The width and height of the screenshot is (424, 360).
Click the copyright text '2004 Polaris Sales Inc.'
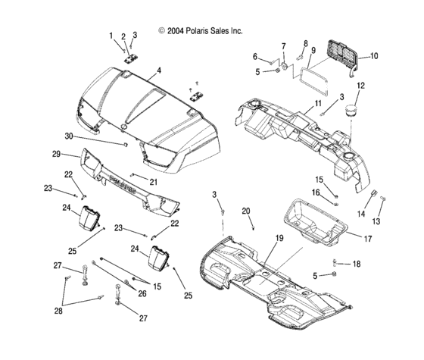[204, 31]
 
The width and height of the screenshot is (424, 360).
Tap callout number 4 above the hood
[159, 70]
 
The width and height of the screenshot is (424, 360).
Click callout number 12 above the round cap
[360, 86]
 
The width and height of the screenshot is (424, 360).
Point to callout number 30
[69, 136]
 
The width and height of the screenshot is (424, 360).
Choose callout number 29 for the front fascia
[56, 154]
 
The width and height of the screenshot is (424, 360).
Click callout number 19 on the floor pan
[279, 238]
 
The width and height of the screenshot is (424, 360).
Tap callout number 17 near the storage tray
[368, 239]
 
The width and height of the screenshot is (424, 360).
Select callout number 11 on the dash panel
[318, 103]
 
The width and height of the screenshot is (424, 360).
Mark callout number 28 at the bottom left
[58, 311]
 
